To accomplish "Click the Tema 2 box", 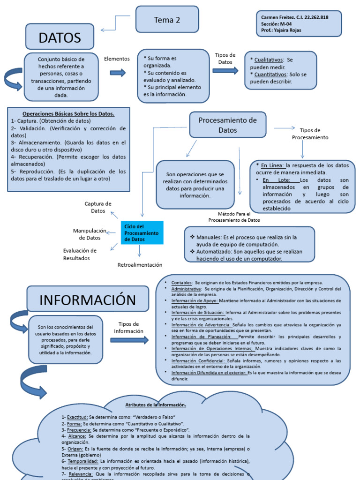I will [167, 20].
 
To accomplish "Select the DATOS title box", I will [60, 37].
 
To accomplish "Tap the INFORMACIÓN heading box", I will [88, 300].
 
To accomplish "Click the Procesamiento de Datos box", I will [227, 125].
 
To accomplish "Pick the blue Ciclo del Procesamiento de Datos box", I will [142, 232].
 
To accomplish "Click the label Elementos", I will [117, 59].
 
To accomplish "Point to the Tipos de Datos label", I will [225, 59].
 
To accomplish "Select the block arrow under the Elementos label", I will [118, 73].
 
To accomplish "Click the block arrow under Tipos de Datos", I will [225, 71].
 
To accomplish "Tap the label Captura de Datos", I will [98, 207].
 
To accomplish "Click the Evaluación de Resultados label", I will [80, 254].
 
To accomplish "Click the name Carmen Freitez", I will [276, 17].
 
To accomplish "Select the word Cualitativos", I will [269, 60].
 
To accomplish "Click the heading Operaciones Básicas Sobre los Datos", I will [68, 114].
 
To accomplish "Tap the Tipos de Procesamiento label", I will [310, 134].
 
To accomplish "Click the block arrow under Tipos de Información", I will [129, 340].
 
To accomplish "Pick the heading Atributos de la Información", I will [156, 405].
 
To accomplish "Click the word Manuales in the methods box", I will [209, 237].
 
